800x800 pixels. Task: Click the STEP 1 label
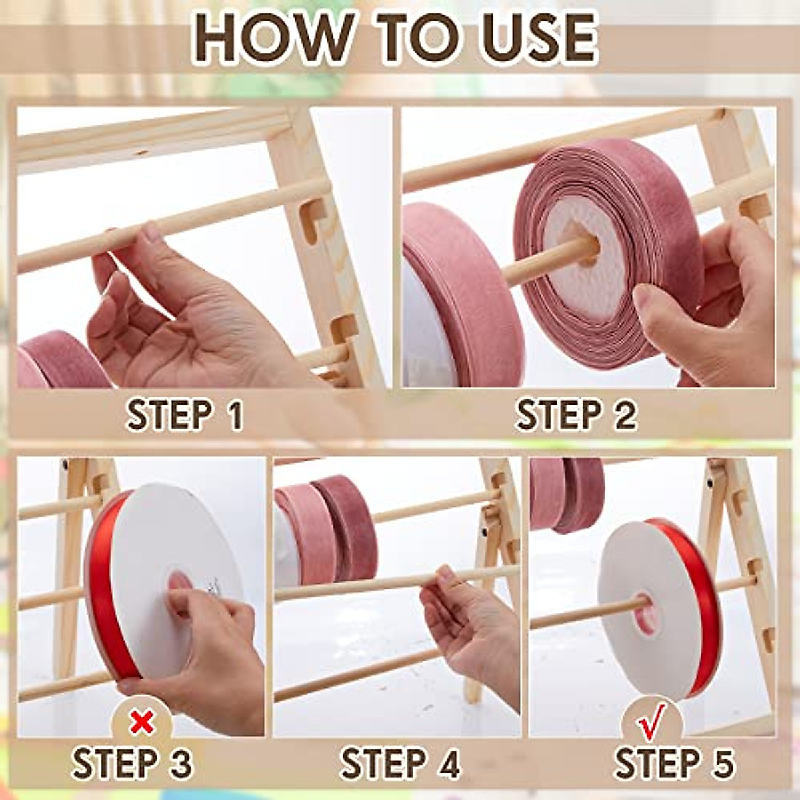pos(185,415)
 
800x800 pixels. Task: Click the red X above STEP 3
pos(142,721)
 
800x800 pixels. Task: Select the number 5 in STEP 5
pos(721,763)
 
